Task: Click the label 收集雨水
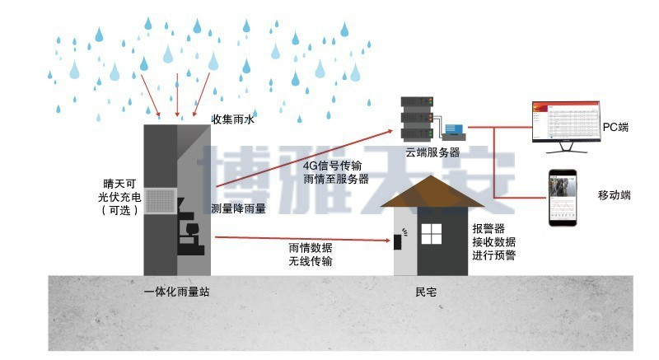pos(234,119)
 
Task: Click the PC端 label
pos(615,127)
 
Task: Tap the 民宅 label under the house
pos(427,291)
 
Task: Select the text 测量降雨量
pos(238,209)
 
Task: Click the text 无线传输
pos(311,261)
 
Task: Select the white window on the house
pos(432,234)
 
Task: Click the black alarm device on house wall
pos(396,241)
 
